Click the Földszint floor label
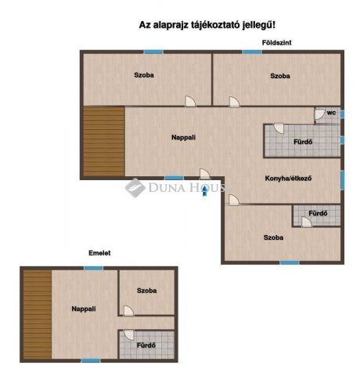click(x=276, y=42)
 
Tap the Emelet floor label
click(x=99, y=253)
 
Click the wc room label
click(x=331, y=113)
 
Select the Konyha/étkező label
click(x=288, y=179)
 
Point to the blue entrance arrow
click(x=205, y=190)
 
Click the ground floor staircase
click(x=104, y=141)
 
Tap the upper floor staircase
click(x=38, y=315)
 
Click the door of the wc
click(x=319, y=114)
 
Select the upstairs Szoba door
click(x=128, y=311)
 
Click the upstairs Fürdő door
click(x=129, y=335)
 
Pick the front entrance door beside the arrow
click(x=205, y=174)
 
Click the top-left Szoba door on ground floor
click(x=190, y=101)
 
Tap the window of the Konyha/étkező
click(x=343, y=180)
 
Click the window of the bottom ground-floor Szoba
click(x=290, y=262)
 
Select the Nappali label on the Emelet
click(x=84, y=309)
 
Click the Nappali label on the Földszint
click(x=183, y=137)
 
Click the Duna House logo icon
click(x=135, y=187)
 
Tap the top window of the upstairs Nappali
click(x=94, y=268)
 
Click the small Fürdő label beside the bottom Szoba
click(x=318, y=213)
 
